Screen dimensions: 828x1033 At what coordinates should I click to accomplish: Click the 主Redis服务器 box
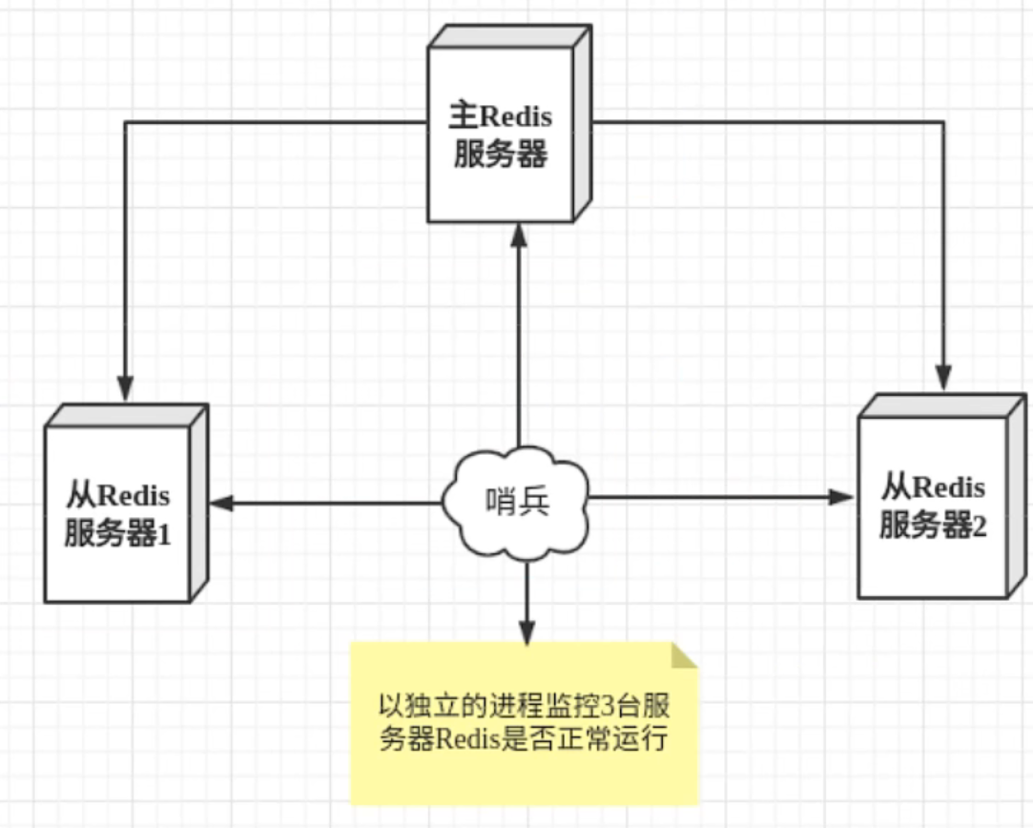coord(500,134)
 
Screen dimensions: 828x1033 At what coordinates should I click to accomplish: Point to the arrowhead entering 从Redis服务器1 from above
coord(125,388)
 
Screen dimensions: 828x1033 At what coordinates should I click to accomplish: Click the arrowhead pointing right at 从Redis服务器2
coord(841,497)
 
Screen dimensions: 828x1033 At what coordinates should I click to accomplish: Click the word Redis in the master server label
coord(514,117)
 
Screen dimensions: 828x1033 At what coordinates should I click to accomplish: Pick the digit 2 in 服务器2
coord(979,526)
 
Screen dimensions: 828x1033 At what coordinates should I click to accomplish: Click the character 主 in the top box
coord(462,117)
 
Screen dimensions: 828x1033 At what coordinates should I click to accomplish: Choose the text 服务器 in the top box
coord(500,155)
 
